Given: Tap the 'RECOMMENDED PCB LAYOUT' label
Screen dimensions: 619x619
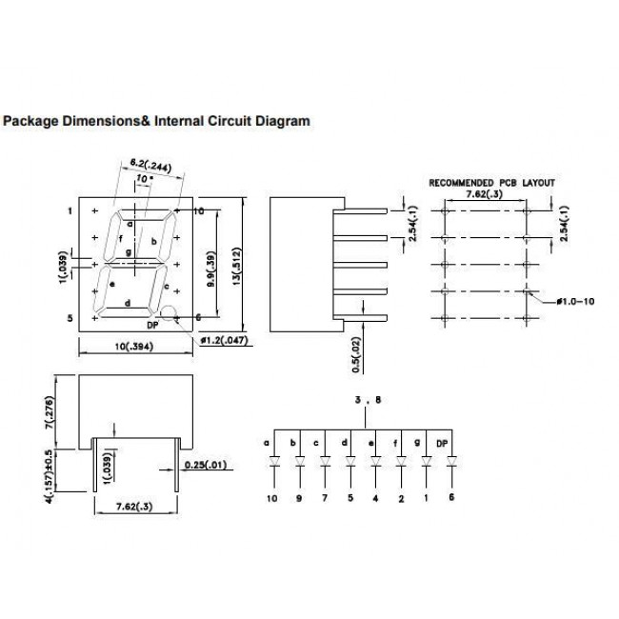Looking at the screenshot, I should (x=490, y=182).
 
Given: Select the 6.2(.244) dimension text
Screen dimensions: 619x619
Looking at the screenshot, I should (x=150, y=167).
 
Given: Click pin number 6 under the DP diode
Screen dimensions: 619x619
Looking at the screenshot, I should (x=451, y=497).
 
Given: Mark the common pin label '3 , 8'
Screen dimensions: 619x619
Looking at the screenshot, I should (x=367, y=402).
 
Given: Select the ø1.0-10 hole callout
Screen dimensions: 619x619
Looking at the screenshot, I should (x=578, y=301).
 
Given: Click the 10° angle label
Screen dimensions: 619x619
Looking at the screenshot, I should (x=143, y=179).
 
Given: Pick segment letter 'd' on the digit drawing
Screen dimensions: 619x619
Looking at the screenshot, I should (x=127, y=304).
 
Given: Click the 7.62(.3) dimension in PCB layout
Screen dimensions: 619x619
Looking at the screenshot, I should (x=485, y=193).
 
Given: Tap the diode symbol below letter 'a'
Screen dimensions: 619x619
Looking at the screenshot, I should (x=274, y=464).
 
